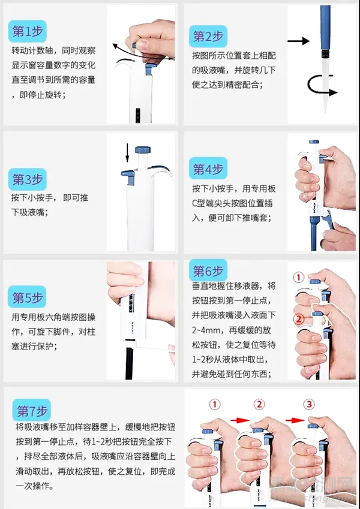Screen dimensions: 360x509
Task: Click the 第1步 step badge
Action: [x=28, y=32]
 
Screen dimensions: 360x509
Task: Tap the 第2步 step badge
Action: [x=208, y=37]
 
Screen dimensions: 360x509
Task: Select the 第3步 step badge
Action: [x=28, y=179]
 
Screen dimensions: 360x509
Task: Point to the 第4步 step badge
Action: [x=208, y=169]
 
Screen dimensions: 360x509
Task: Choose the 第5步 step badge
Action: [x=27, y=297]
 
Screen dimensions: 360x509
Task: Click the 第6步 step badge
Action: [x=208, y=271]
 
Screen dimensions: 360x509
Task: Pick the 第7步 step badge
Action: [x=32, y=410]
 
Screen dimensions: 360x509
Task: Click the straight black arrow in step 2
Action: [x=299, y=41]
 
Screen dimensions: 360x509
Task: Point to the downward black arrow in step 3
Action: [x=127, y=153]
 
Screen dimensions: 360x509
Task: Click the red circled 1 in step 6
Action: [x=298, y=277]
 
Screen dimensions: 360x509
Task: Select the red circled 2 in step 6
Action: [x=298, y=319]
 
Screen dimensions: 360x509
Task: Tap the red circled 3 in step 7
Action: [x=309, y=404]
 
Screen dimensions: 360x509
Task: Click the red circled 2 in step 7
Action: [x=259, y=404]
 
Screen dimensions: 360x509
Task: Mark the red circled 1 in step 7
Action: [x=214, y=404]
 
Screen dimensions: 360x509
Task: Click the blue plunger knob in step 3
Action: [x=143, y=150]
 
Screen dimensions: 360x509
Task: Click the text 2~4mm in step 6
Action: [x=206, y=330]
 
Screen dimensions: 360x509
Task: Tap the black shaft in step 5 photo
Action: [x=129, y=360]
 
